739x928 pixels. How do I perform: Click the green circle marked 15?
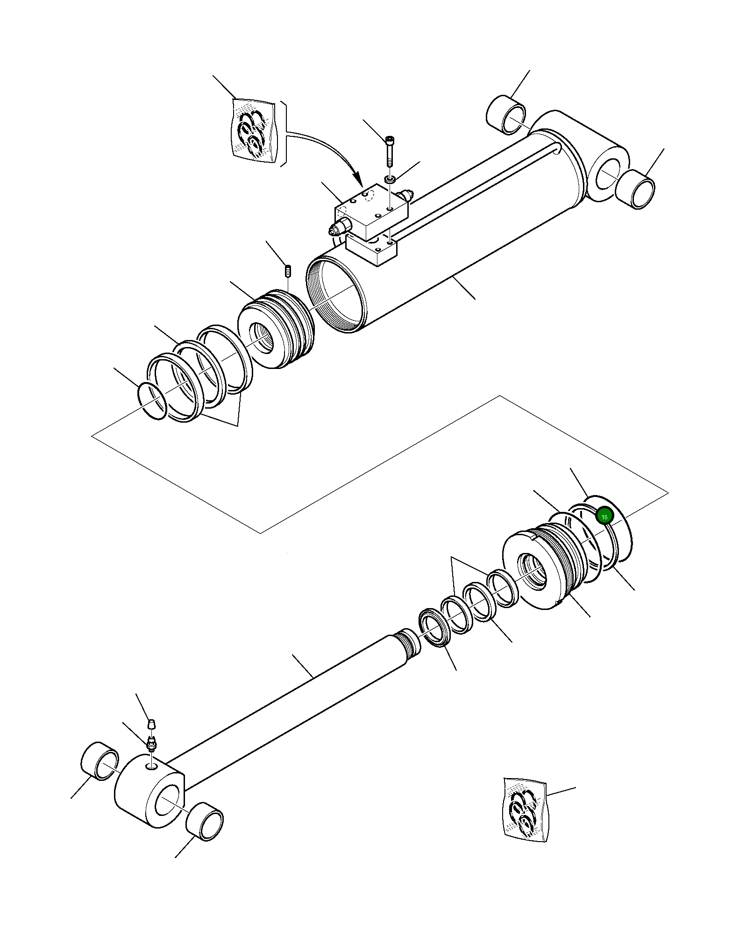(604, 517)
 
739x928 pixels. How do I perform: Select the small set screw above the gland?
(288, 270)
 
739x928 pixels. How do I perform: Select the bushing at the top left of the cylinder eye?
(506, 115)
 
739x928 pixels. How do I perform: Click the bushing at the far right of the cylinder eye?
(635, 190)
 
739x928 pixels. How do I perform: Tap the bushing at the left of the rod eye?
(100, 761)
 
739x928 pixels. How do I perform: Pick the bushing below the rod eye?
(205, 822)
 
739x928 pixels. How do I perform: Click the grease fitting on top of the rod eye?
(151, 744)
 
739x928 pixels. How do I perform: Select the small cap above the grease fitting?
(151, 724)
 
